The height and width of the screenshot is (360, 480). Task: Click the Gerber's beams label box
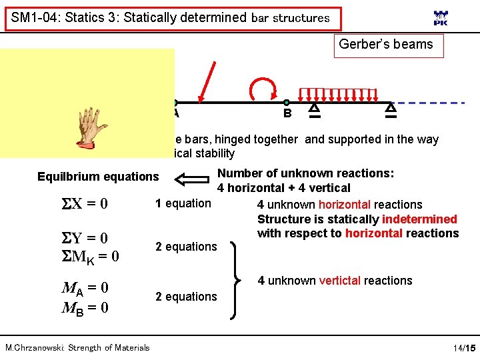[x=386, y=45]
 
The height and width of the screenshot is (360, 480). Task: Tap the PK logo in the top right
[x=441, y=19]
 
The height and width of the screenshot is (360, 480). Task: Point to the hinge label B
[x=287, y=113]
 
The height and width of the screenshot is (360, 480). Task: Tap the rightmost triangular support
[x=391, y=109]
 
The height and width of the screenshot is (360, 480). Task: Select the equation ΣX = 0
[x=85, y=203]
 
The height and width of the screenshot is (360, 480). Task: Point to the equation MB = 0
[x=85, y=307]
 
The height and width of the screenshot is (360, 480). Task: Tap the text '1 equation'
[x=183, y=203]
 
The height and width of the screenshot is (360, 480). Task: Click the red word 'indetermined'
[x=419, y=219]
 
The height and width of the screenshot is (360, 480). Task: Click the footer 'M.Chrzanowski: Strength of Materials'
[x=77, y=347]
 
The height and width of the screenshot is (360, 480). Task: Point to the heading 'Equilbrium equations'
[x=98, y=177]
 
